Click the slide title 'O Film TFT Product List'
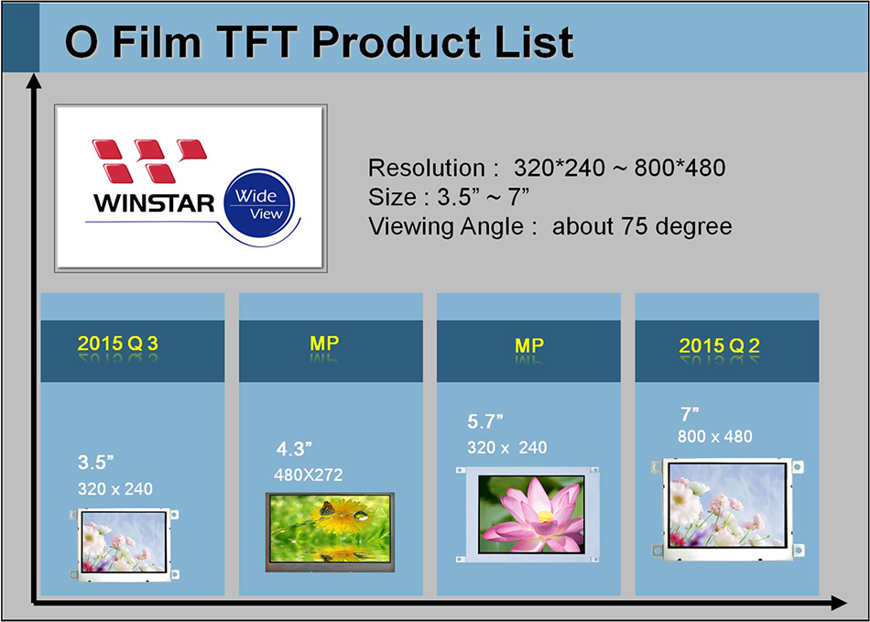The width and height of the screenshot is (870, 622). (320, 42)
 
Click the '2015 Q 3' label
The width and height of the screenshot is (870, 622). (118, 344)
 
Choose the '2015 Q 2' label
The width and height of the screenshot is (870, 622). (721, 346)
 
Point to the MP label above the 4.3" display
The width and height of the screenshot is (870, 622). (325, 344)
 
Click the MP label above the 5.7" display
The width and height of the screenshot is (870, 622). (529, 345)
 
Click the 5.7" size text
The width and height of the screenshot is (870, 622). (485, 422)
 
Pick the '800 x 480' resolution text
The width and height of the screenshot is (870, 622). (715, 436)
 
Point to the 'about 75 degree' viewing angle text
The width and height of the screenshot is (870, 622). (642, 226)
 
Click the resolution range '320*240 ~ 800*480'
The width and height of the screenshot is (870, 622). (619, 168)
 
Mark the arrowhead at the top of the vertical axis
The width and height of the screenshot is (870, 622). (34, 82)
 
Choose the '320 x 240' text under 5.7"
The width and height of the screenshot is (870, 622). (506, 447)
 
